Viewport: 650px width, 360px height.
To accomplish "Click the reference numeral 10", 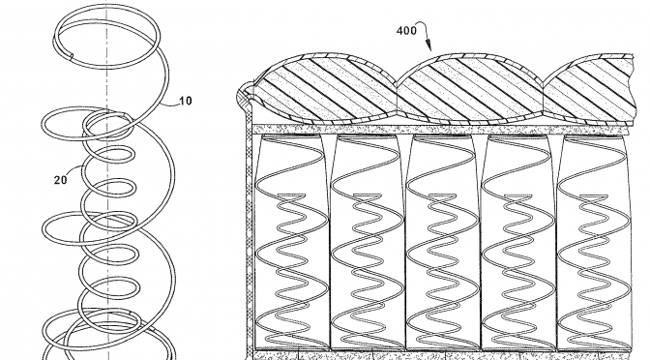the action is pyautogui.click(x=185, y=100).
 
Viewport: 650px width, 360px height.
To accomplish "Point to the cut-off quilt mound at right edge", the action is pyautogui.click(x=600, y=87).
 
